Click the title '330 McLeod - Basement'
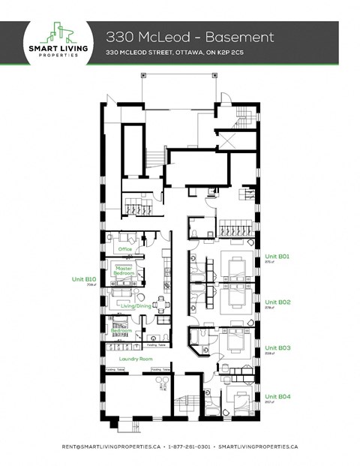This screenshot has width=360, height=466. (x=189, y=37)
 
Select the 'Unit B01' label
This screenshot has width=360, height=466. (x=277, y=256)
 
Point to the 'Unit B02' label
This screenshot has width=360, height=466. (x=277, y=302)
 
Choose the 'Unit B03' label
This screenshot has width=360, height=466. (x=277, y=348)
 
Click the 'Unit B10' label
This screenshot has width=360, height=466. (x=84, y=279)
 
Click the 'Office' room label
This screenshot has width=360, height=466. (x=124, y=248)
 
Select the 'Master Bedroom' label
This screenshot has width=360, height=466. (x=124, y=271)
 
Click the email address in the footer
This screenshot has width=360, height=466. (x=111, y=446)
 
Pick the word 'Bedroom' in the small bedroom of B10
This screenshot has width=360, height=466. (x=122, y=331)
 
